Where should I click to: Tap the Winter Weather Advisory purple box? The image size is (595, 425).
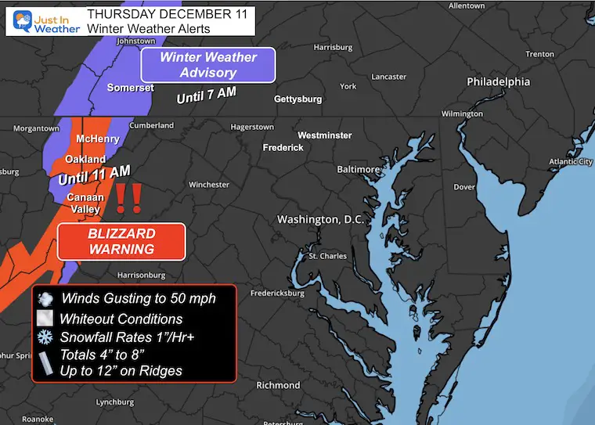tap(208, 65)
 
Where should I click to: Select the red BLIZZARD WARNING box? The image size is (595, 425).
tap(121, 242)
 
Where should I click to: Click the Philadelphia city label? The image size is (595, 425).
tap(498, 82)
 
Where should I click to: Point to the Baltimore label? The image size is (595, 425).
tap(357, 169)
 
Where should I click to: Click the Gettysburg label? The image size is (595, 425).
tap(297, 99)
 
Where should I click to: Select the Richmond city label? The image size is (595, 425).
tap(278, 385)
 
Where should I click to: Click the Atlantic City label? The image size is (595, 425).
tap(570, 162)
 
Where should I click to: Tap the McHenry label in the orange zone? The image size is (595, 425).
tap(98, 139)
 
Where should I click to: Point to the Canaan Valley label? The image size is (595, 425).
tap(85, 202)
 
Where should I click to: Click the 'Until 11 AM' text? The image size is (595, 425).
tap(94, 175)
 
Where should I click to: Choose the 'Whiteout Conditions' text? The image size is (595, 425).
tap(121, 319)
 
